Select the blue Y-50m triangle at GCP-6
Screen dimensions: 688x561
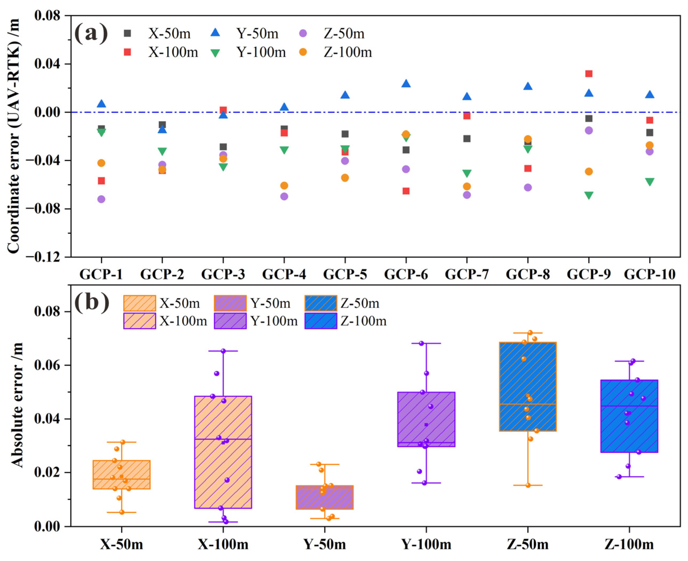tap(406, 84)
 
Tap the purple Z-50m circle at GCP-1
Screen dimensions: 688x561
tap(101, 199)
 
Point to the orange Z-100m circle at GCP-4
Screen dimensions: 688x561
tap(284, 185)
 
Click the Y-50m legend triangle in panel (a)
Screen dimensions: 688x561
tap(215, 33)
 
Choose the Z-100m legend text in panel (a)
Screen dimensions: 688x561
tap(348, 52)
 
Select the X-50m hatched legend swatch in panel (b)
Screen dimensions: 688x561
tap(139, 303)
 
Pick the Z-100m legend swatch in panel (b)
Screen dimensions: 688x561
tap(321, 321)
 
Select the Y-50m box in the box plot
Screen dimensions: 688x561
tap(324, 497)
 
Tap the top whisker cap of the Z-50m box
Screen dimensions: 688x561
tap(528, 333)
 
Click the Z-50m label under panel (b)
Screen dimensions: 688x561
tap(528, 545)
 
